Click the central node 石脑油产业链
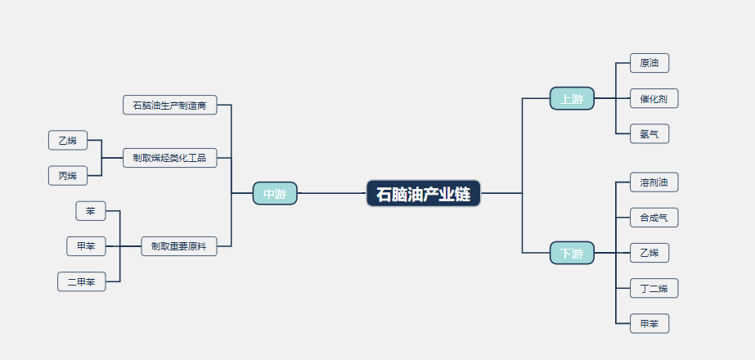423,193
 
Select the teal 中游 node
275,193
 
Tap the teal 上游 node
572,98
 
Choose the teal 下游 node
572,253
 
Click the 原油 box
649,63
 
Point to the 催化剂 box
654,98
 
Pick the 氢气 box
649,133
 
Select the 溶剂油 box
654,182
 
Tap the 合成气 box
654,218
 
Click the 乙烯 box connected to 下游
649,253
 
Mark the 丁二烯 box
654,288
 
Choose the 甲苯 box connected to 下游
649,323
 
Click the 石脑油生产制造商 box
170,105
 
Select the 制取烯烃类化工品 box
170,158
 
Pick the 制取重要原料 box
179,246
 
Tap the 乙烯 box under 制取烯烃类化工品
68,140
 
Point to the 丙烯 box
68,175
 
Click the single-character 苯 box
91,211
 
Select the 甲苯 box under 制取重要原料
86,246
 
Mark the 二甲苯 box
81,281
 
